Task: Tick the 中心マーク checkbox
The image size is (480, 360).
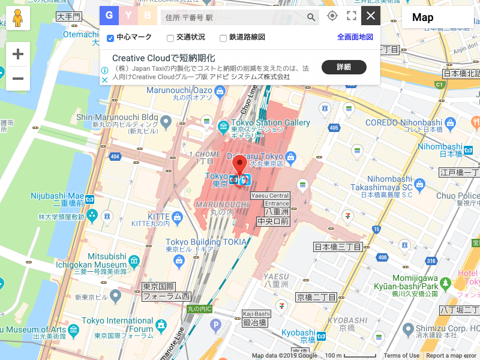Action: tap(110, 38)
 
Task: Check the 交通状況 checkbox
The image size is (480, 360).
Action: tap(170, 38)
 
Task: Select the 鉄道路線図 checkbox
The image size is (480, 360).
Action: tap(223, 38)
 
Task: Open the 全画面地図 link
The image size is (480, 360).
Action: tap(355, 37)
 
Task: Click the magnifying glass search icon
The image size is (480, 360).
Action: tap(311, 17)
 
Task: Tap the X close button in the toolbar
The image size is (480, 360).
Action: tap(371, 16)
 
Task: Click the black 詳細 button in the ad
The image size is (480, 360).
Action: tap(344, 67)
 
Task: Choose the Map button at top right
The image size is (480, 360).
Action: tap(423, 17)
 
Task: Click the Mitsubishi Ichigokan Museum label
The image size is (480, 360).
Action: tap(99, 260)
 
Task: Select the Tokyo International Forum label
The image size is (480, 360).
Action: tap(116, 324)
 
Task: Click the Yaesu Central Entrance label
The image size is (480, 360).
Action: tap(277, 199)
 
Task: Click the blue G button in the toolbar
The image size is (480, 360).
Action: tap(109, 16)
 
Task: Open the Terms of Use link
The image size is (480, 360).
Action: tap(401, 356)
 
